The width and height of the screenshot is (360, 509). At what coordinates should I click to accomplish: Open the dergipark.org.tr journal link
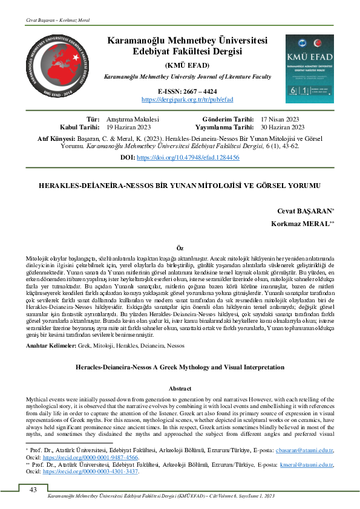[x=186, y=99]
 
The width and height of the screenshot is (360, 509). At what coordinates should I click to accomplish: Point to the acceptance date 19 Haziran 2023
[x=129, y=128]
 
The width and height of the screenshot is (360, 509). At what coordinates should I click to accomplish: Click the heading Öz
[x=179, y=248]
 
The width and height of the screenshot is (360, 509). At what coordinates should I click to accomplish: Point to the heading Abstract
[x=179, y=388]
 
